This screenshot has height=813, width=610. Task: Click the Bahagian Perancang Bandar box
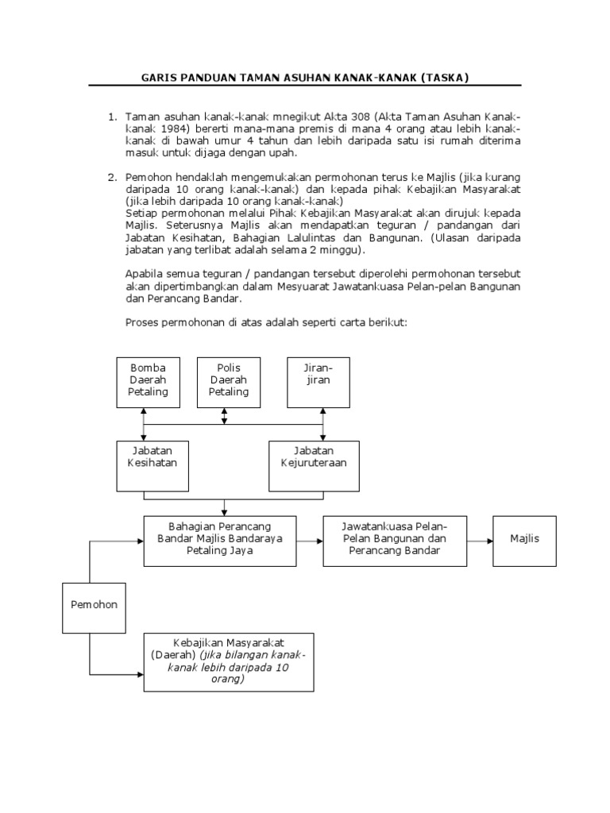click(219, 540)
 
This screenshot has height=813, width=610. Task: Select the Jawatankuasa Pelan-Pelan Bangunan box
click(395, 540)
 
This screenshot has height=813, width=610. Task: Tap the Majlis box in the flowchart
click(524, 540)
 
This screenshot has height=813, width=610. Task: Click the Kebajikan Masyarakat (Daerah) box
click(228, 662)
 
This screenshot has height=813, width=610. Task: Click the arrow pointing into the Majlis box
click(479, 540)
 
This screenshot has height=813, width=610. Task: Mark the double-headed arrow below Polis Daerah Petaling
click(225, 416)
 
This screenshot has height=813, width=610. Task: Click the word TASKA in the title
click(446, 77)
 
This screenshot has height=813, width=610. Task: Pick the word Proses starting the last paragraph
click(144, 322)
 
